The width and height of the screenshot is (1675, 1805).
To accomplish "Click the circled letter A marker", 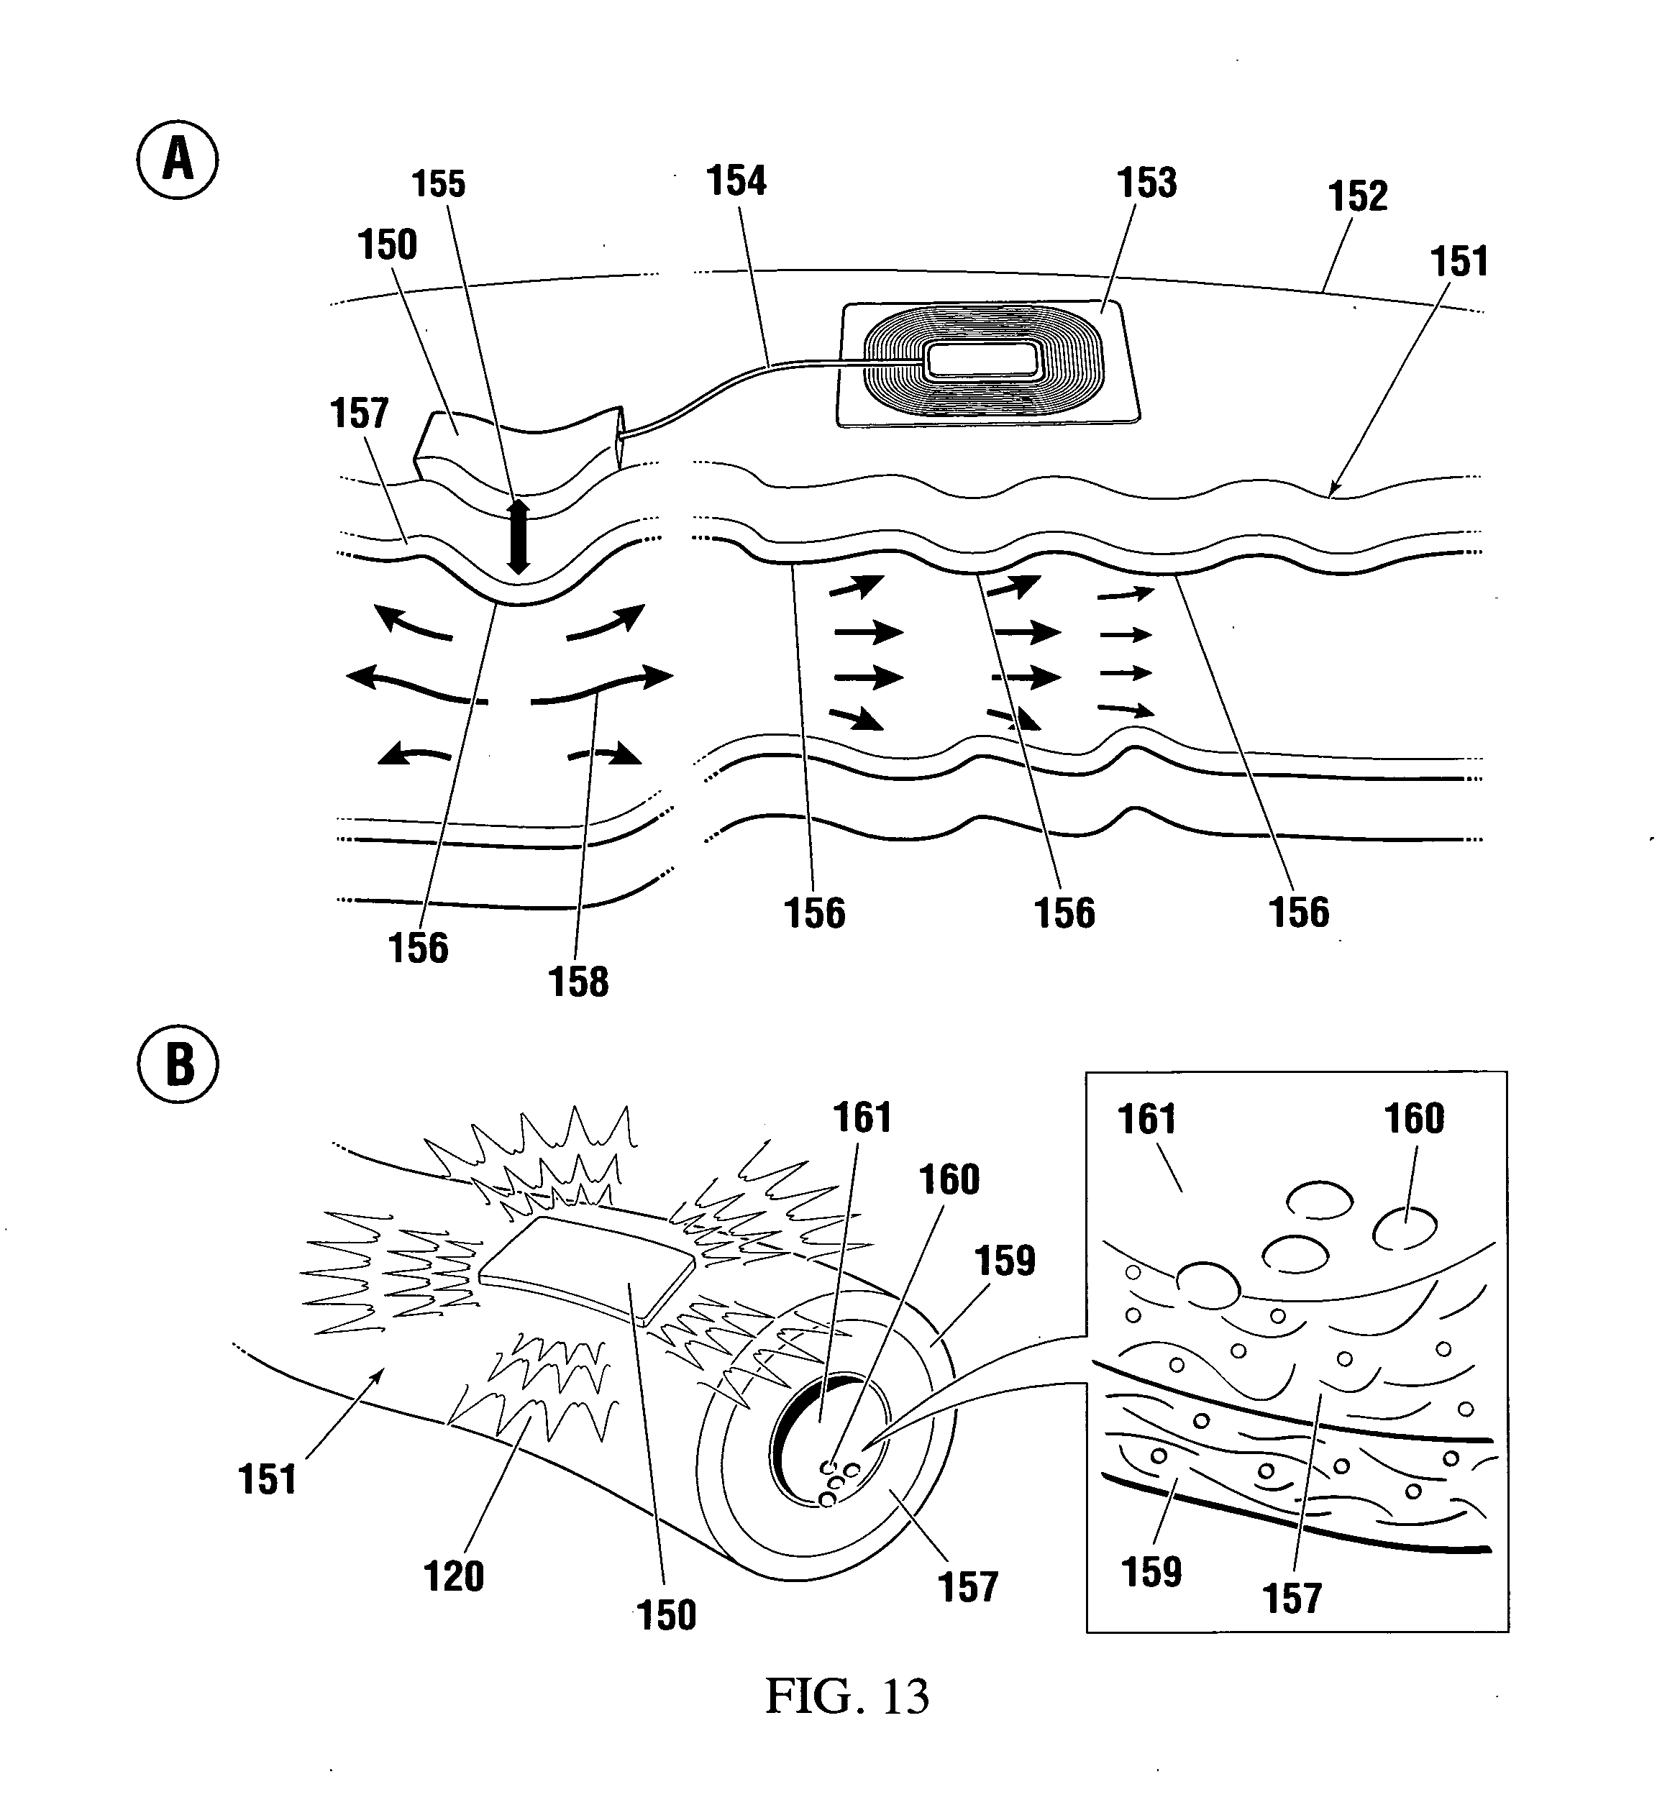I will [178, 160].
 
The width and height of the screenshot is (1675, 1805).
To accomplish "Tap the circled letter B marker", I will [178, 1064].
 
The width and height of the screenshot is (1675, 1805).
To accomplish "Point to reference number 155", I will [439, 184].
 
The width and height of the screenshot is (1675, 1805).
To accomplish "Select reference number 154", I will [736, 181].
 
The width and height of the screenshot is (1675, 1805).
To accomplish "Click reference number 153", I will [1146, 183].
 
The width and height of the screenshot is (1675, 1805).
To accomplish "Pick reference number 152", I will [1357, 196].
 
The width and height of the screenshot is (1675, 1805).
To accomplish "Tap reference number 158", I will [578, 982].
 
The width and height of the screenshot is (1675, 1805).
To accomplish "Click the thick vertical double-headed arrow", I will [518, 536].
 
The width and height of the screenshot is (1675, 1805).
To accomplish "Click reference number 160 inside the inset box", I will [1414, 1119].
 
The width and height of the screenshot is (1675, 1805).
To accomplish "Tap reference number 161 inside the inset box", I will [1146, 1120].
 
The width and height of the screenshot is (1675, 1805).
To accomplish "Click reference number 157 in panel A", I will [359, 414].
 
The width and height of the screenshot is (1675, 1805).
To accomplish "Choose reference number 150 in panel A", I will [387, 245].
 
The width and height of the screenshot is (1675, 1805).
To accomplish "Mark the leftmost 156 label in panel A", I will [418, 949].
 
